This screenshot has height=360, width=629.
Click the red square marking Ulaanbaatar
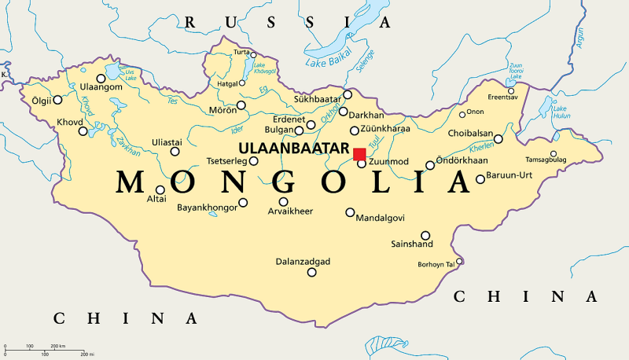[359, 154]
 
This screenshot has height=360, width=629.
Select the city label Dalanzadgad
[303, 261]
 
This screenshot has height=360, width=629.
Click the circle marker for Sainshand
[425, 235]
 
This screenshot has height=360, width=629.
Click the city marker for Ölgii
[57, 100]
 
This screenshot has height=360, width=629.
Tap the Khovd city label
[69, 123]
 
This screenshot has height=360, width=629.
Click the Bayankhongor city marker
[243, 202]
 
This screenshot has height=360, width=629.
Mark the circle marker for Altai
[160, 189]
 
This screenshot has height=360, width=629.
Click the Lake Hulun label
[562, 112]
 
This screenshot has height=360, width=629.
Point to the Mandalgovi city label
[382, 218]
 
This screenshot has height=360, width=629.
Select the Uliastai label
[167, 141]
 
